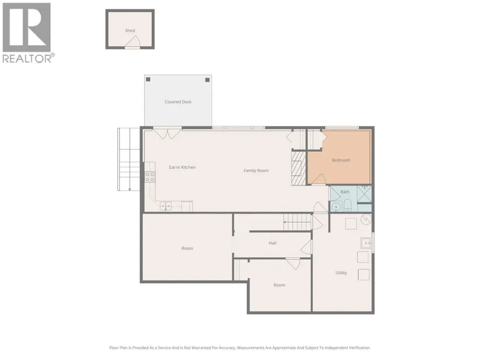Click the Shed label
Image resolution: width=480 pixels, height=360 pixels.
(130, 31)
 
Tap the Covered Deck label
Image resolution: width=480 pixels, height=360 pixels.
(178, 102)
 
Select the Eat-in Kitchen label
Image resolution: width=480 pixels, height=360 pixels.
(182, 167)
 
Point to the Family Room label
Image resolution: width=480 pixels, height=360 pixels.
(256, 170)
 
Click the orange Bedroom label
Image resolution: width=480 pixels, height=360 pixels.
(341, 160)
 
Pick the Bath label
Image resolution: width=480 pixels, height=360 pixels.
(345, 192)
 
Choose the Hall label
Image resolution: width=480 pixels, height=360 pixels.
(272, 243)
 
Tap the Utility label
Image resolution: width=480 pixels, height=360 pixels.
(341, 273)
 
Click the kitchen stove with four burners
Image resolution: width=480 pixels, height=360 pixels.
(150, 177)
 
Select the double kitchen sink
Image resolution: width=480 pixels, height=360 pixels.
(166, 206)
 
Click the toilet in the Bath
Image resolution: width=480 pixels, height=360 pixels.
(347, 205)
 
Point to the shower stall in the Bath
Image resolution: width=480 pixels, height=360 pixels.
(364, 194)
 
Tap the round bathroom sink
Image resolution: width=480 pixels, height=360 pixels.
(336, 207)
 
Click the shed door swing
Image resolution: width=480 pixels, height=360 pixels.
(133, 42)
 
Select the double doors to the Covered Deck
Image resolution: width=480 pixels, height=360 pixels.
(167, 134)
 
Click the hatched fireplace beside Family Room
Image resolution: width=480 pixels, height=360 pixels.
(298, 168)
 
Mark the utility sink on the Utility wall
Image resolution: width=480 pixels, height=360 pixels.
(366, 243)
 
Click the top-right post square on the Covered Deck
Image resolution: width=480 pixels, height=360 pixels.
(207, 80)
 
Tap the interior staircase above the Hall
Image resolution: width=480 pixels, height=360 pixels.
(297, 222)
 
